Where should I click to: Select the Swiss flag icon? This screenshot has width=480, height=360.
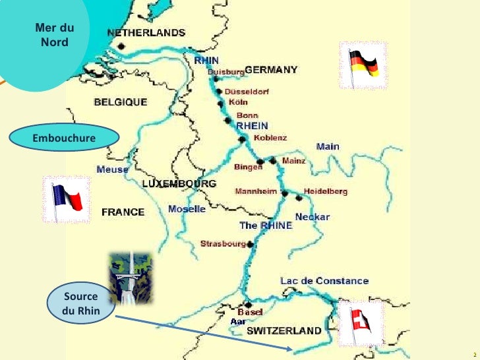(x=359, y=322)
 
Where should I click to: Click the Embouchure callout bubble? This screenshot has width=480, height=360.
(x=64, y=138)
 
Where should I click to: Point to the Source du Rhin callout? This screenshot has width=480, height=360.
(x=80, y=303)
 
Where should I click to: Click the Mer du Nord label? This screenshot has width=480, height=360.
(x=54, y=35)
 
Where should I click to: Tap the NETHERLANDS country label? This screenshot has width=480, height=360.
(x=146, y=32)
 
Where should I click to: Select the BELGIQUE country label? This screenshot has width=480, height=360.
(x=120, y=102)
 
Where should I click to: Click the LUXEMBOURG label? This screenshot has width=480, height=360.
(x=179, y=183)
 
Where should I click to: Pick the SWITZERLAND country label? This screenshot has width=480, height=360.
(x=284, y=330)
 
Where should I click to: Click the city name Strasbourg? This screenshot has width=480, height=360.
(x=223, y=243)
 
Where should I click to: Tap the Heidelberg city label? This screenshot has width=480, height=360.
(x=325, y=191)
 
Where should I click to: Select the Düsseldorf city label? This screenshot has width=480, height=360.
(x=247, y=92)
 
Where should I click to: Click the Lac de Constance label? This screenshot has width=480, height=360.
(x=324, y=281)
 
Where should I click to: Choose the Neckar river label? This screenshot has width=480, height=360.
(x=312, y=216)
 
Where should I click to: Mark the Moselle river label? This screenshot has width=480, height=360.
(x=187, y=209)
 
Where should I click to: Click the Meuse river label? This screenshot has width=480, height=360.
(x=112, y=169)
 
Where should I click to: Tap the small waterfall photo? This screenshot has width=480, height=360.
(x=130, y=278)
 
